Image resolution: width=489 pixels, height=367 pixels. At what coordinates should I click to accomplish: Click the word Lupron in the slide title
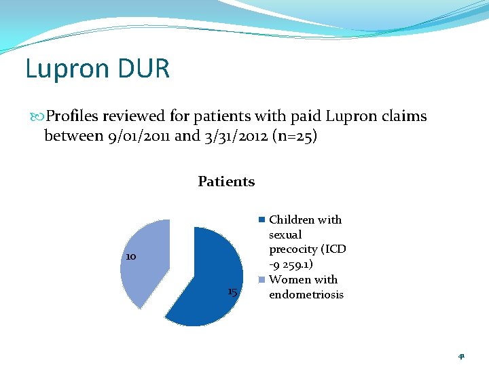(x=64, y=69)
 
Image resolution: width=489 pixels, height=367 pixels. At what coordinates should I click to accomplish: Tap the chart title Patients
(x=226, y=181)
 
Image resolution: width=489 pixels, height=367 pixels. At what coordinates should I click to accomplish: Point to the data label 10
(x=131, y=257)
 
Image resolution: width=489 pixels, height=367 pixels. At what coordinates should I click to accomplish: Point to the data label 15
(x=232, y=292)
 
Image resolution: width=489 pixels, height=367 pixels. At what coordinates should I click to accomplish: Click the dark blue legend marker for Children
(x=261, y=220)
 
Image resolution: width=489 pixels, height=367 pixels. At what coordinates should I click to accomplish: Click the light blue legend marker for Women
(x=261, y=280)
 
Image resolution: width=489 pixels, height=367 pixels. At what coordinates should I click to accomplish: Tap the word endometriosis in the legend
(x=306, y=294)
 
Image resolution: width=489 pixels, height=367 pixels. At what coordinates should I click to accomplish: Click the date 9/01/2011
(x=139, y=136)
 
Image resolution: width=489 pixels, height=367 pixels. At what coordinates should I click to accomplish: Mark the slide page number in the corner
(x=461, y=355)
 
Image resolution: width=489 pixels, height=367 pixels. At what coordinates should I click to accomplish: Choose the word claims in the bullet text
(x=403, y=116)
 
